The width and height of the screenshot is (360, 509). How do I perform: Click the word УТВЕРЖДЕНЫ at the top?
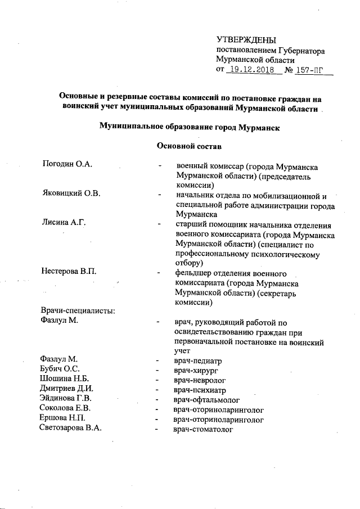[x=246, y=39]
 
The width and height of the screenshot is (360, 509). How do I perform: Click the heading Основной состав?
[x=188, y=147]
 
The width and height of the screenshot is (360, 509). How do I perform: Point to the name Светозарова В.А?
[x=71, y=429]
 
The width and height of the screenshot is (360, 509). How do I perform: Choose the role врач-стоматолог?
[x=204, y=429]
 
